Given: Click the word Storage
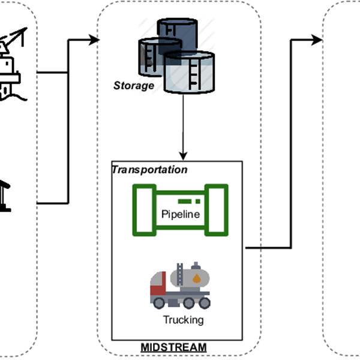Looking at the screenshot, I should pyautogui.click(x=134, y=86).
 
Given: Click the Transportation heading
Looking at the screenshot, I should pyautogui.click(x=150, y=170).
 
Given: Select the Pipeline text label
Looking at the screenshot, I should pyautogui.click(x=181, y=214).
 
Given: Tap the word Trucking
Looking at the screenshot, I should pyautogui.click(x=183, y=320).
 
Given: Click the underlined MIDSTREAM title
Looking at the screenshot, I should pyautogui.click(x=173, y=347).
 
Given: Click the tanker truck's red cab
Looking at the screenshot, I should pyautogui.click(x=158, y=289).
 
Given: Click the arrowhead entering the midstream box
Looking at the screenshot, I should pyautogui.click(x=94, y=40).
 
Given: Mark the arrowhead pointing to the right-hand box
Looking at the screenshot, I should pyautogui.click(x=316, y=40).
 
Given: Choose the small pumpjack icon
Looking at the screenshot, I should pyautogui.click(x=5, y=195).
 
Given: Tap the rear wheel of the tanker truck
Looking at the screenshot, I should pyautogui.click(x=205, y=302).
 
